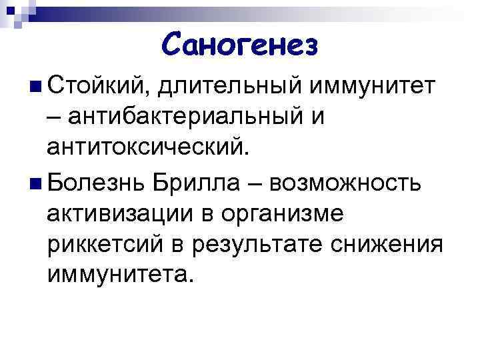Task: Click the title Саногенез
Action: [x=240, y=45]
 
